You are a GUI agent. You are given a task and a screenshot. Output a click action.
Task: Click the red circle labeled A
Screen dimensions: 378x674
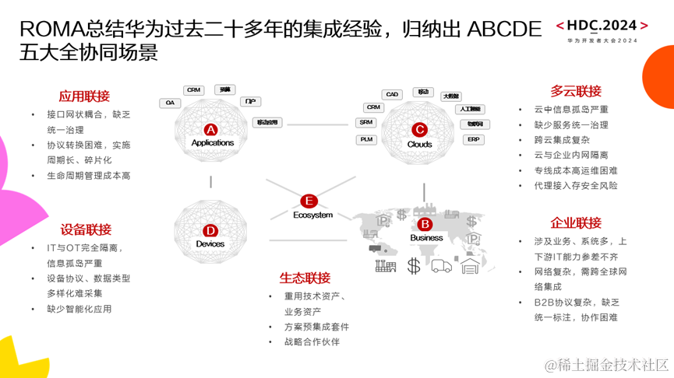point(210,130)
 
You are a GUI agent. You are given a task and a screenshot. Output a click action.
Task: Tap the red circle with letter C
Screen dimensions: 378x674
point(419,130)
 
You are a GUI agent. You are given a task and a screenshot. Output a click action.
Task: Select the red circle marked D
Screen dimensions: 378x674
point(210,231)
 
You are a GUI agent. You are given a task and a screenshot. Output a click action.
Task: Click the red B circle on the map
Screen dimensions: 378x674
point(425,225)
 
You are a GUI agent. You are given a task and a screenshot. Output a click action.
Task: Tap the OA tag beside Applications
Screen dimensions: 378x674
point(171,103)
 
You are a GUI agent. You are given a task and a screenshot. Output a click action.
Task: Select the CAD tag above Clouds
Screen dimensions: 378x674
point(392,95)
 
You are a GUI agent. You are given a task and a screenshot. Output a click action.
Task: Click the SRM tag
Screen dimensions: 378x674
point(366,123)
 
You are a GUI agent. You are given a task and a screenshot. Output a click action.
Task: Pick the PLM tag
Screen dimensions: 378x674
point(367,140)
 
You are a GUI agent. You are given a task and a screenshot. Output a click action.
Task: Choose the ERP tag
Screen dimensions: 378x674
point(473,140)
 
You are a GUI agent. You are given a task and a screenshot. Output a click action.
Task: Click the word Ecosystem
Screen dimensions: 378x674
point(313,215)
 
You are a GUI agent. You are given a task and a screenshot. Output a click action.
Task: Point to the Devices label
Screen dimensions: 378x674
point(210,244)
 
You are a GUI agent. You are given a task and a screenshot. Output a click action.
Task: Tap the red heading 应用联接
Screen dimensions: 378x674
point(85,96)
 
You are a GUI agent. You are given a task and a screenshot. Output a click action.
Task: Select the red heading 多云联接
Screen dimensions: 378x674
point(576,91)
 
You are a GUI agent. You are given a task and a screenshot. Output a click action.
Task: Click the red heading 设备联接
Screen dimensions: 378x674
point(86,229)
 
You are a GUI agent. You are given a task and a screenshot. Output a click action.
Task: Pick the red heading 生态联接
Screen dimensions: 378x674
point(305,278)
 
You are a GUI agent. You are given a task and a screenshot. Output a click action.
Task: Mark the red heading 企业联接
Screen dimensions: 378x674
point(576,223)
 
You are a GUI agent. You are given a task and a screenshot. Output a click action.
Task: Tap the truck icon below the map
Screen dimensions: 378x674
point(441,266)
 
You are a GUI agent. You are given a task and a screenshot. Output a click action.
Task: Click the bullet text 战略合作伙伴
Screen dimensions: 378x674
point(312,341)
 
